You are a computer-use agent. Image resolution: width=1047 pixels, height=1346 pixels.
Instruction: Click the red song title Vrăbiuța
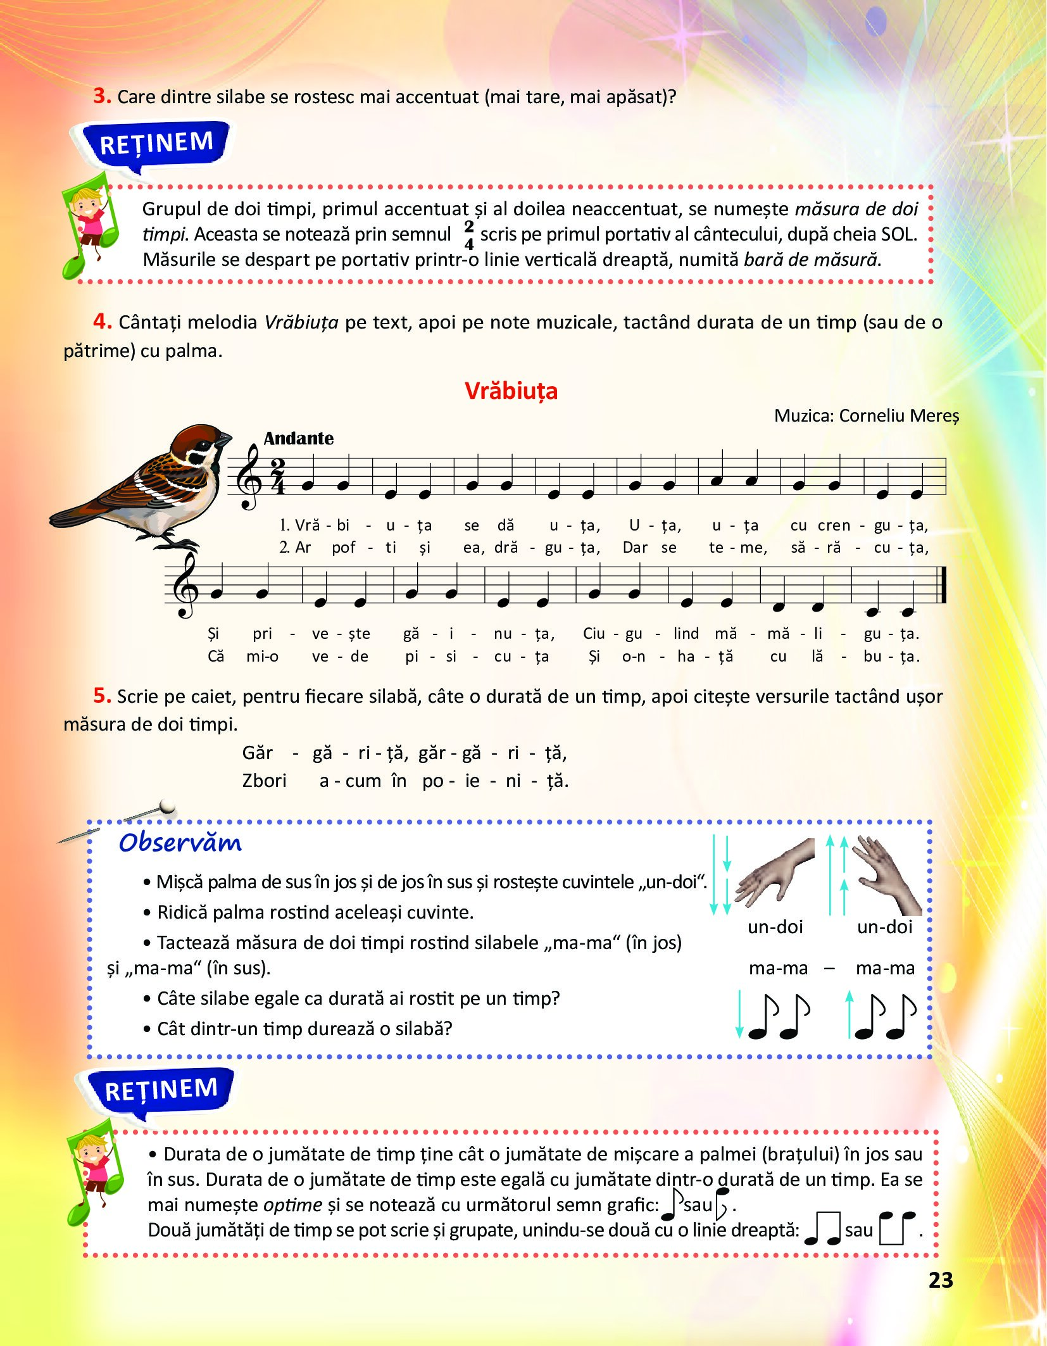[x=511, y=391]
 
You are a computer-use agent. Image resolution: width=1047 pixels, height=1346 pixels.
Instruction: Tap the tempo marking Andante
[x=298, y=438]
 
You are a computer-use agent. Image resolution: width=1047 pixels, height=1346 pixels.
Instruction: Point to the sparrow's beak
[x=224, y=440]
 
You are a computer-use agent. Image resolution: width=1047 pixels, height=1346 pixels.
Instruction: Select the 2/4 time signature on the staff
[x=277, y=476]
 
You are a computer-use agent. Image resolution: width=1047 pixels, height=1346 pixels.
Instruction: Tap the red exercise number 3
[x=102, y=96]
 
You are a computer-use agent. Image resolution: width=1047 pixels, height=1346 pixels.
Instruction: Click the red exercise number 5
[x=102, y=696]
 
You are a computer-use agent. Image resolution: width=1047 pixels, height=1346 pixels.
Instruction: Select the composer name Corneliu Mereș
[x=899, y=416]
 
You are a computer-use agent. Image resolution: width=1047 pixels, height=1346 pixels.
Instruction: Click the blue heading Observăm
[x=180, y=843]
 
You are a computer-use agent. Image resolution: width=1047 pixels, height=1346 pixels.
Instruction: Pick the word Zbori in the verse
[x=264, y=781]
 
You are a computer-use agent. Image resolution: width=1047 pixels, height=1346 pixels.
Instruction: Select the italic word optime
[x=292, y=1205]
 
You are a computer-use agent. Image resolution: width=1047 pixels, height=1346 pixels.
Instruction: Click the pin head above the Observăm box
[x=168, y=806]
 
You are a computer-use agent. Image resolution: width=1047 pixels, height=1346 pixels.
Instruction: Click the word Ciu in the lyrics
[x=594, y=633]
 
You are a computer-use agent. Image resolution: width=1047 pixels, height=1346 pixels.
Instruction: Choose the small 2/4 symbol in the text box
[x=468, y=235]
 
